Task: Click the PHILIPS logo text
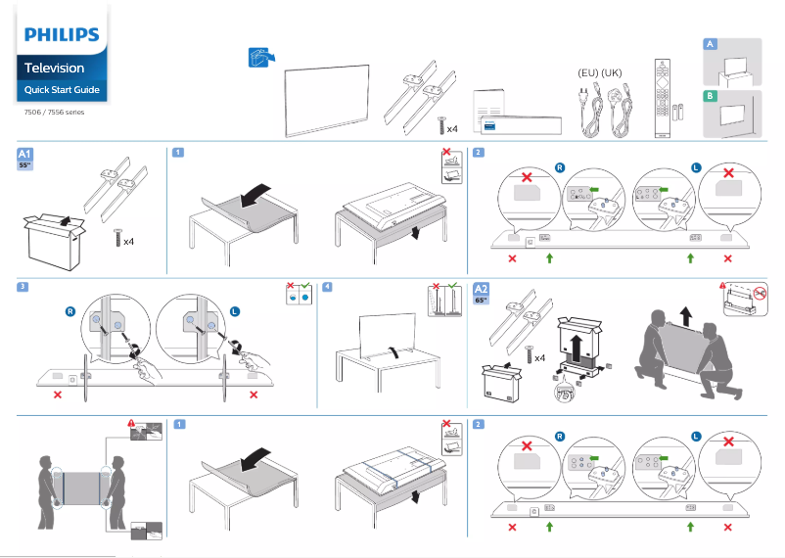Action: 62,35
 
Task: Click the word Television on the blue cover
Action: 54,69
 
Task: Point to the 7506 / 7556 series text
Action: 54,112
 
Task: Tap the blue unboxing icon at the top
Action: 258,58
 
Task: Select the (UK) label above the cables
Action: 612,73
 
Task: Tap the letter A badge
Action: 711,45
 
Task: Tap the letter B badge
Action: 711,95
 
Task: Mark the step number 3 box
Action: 23,287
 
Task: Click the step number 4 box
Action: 328,287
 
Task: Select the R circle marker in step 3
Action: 69,310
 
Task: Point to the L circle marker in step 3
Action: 235,310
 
